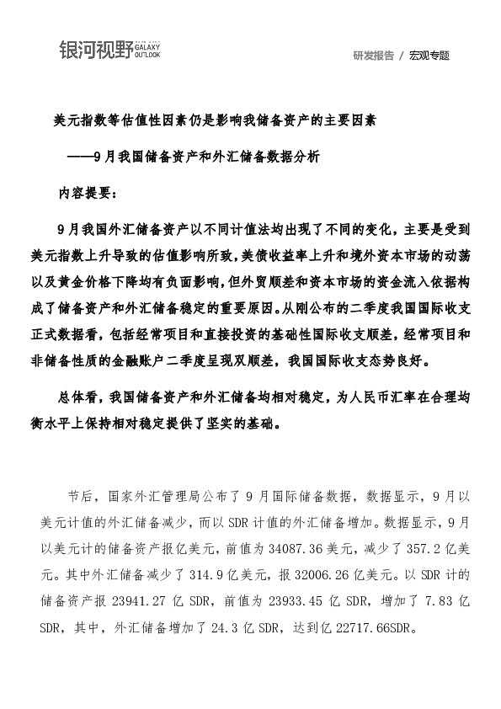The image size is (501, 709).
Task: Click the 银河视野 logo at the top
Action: pos(96,50)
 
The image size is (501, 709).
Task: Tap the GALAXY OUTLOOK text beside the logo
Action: pos(148,51)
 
